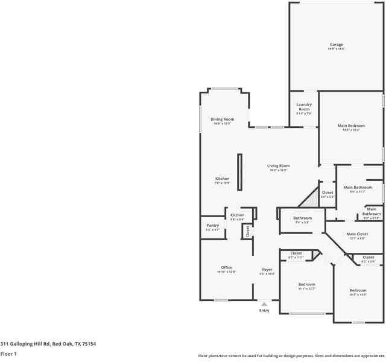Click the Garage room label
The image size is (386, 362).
coord(336,44)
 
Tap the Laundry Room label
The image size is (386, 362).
coord(303,106)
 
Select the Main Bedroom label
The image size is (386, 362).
coord(351,125)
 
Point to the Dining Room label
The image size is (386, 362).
coord(222,119)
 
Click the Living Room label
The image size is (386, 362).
coord(279,166)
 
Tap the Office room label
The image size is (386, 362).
coord(226,267)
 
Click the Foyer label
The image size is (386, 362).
coord(267,269)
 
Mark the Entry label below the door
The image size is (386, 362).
coord(264,310)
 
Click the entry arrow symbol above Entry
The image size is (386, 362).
coord(264,304)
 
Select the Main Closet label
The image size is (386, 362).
coord(356,234)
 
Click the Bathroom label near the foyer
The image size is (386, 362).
coord(302,218)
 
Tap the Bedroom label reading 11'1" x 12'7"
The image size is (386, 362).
coord(306,284)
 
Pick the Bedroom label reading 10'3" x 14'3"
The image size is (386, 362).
coord(358,290)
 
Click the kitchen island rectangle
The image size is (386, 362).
coord(239,173)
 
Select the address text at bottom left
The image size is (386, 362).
coord(48,343)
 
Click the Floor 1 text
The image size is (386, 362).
coord(8,354)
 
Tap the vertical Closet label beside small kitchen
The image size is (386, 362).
coord(247,230)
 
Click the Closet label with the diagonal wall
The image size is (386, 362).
coord(327,192)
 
